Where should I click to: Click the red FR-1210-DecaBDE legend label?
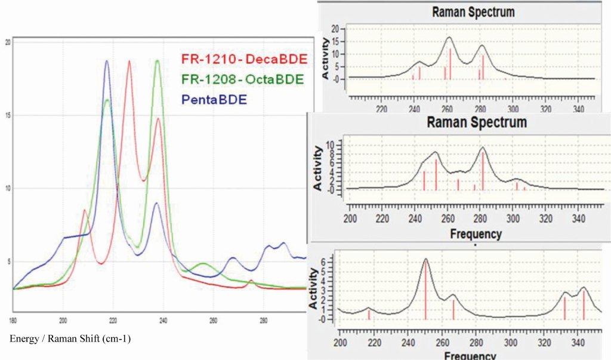tap(243, 59)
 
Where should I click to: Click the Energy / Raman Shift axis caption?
tap(70, 339)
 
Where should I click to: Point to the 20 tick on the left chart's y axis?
tap(8, 42)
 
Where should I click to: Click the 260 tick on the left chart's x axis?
tap(213, 319)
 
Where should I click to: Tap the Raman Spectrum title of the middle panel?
tap(477, 122)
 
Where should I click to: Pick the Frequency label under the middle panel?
tap(476, 234)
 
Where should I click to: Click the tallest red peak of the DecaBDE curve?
tap(129, 61)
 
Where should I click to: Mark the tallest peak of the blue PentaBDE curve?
tap(107, 61)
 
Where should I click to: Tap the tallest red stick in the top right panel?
tap(450, 63)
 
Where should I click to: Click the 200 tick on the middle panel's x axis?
tap(350, 218)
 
